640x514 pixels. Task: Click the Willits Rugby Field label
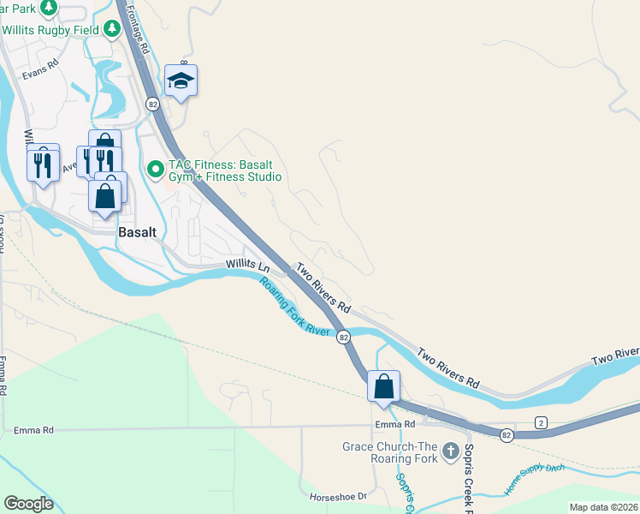51,29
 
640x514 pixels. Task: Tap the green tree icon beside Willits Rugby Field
111,29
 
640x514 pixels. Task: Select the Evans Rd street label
40,64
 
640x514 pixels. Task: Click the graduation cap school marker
181,81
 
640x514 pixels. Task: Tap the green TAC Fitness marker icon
155,169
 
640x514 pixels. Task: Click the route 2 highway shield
541,422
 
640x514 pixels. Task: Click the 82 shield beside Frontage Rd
152,104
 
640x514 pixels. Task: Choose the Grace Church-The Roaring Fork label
389,452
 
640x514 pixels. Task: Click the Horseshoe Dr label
337,496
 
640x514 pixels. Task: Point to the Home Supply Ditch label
534,478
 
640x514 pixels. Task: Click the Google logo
28,504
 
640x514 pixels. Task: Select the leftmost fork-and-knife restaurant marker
43,162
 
